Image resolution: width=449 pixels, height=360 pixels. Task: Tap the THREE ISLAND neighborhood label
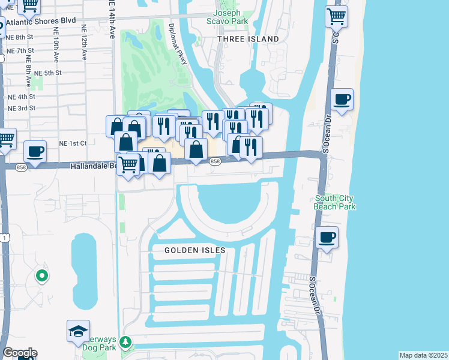[x=249, y=39]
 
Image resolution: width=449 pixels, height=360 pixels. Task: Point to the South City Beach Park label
[x=334, y=203]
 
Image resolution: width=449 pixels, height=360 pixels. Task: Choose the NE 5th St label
[x=48, y=73]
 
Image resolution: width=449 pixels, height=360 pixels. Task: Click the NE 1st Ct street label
[x=73, y=143]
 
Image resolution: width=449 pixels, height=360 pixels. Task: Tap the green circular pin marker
[x=41, y=276]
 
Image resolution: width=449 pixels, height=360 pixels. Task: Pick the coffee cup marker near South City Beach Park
[x=327, y=238]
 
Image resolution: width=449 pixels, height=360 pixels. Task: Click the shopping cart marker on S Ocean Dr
[x=337, y=16]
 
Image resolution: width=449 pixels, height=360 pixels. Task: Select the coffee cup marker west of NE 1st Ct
[x=35, y=152]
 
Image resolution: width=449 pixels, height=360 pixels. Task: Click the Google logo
[x=20, y=353]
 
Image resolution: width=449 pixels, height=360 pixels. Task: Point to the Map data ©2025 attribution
[x=423, y=355]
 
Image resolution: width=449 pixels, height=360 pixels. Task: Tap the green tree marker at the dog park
[x=125, y=343]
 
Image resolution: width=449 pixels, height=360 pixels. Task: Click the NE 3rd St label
[x=22, y=109]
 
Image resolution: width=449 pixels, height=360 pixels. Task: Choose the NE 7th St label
[x=21, y=51]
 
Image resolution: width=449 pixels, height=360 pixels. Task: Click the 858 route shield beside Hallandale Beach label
[x=21, y=167]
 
